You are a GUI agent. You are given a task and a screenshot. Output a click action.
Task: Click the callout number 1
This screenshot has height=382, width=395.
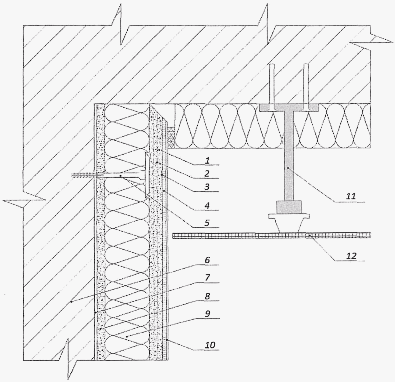coord(207,161)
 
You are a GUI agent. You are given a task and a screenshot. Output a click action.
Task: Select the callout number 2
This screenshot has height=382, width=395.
coord(207,174)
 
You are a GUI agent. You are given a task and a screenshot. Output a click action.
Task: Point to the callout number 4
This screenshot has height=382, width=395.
coord(207,205)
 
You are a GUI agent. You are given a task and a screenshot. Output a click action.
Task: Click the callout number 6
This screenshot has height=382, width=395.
coord(207,260)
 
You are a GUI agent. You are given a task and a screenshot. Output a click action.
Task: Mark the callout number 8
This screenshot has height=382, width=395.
coord(207,296)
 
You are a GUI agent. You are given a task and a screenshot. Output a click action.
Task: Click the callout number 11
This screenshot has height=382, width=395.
coord(351,197)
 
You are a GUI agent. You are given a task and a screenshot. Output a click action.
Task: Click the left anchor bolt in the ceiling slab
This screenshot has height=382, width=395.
coord(272,87)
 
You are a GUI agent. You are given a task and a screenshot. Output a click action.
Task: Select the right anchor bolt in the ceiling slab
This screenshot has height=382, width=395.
coord(306,87)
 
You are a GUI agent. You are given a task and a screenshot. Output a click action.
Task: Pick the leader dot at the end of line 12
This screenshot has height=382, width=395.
coord(309,235)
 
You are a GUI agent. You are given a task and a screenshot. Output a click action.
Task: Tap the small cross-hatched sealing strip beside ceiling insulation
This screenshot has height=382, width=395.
coord(172,137)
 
